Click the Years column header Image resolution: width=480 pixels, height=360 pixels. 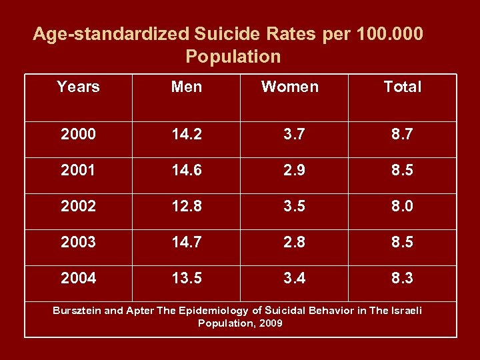(x=78, y=87)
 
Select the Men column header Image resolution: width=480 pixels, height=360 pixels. (x=187, y=87)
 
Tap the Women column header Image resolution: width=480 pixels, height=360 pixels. (x=290, y=87)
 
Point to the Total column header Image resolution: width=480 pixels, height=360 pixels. (x=403, y=87)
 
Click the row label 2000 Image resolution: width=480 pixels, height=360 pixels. (x=78, y=134)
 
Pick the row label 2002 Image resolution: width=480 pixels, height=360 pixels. (x=78, y=206)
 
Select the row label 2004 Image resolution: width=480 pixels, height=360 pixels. (x=78, y=278)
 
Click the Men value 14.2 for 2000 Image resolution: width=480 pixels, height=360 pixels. (x=187, y=134)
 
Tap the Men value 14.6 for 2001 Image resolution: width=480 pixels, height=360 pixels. (x=187, y=170)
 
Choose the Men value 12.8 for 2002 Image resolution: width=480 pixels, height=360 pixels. (x=187, y=206)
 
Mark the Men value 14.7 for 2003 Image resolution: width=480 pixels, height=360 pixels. (x=187, y=242)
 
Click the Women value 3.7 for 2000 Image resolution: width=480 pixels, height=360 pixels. (x=294, y=134)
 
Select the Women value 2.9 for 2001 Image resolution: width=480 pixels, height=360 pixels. (x=294, y=170)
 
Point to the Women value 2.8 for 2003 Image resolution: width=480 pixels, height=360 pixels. (x=294, y=242)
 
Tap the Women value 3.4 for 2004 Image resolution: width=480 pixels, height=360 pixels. (x=294, y=278)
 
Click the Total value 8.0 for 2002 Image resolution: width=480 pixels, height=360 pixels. (x=402, y=206)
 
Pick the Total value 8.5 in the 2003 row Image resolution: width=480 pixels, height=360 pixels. (x=402, y=242)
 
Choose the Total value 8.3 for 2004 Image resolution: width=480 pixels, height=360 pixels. (x=402, y=278)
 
